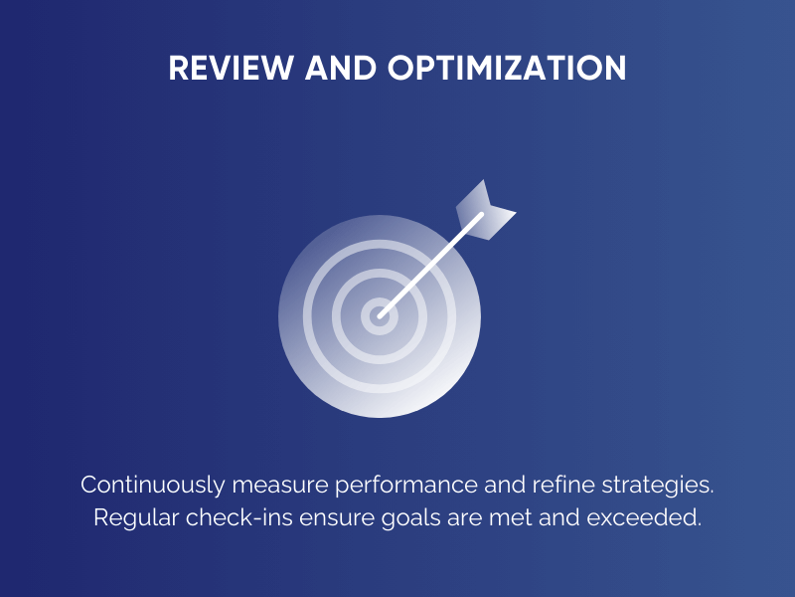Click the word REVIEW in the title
pos(222,68)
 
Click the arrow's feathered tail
pos(484,211)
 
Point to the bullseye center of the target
pos(379,317)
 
